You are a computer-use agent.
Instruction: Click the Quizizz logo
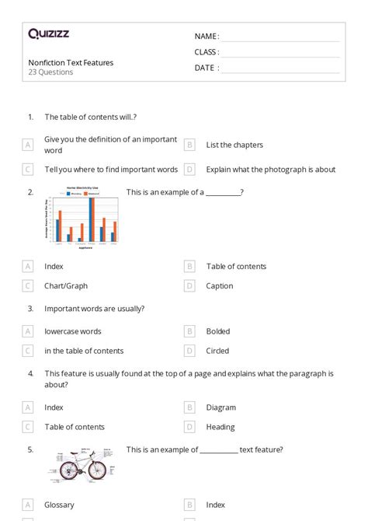click(x=48, y=33)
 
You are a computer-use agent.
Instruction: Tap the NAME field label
click(x=207, y=37)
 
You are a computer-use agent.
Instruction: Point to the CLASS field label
click(x=207, y=52)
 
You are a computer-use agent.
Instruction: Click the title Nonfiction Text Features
click(x=71, y=62)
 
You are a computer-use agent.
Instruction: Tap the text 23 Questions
click(x=50, y=72)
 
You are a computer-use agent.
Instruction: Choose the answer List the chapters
click(x=234, y=145)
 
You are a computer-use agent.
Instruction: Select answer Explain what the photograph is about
click(x=270, y=169)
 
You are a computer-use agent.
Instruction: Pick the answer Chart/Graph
click(x=66, y=286)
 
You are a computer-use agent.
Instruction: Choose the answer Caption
click(x=220, y=286)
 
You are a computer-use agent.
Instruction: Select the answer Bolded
click(x=218, y=331)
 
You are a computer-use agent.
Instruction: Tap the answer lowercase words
click(x=73, y=331)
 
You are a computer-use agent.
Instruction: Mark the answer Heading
click(x=220, y=427)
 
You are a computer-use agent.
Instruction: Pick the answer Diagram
click(x=220, y=407)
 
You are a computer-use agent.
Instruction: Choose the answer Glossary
click(x=60, y=505)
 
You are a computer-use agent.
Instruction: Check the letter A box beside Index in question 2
click(x=28, y=266)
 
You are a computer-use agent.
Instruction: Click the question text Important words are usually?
click(x=94, y=308)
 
